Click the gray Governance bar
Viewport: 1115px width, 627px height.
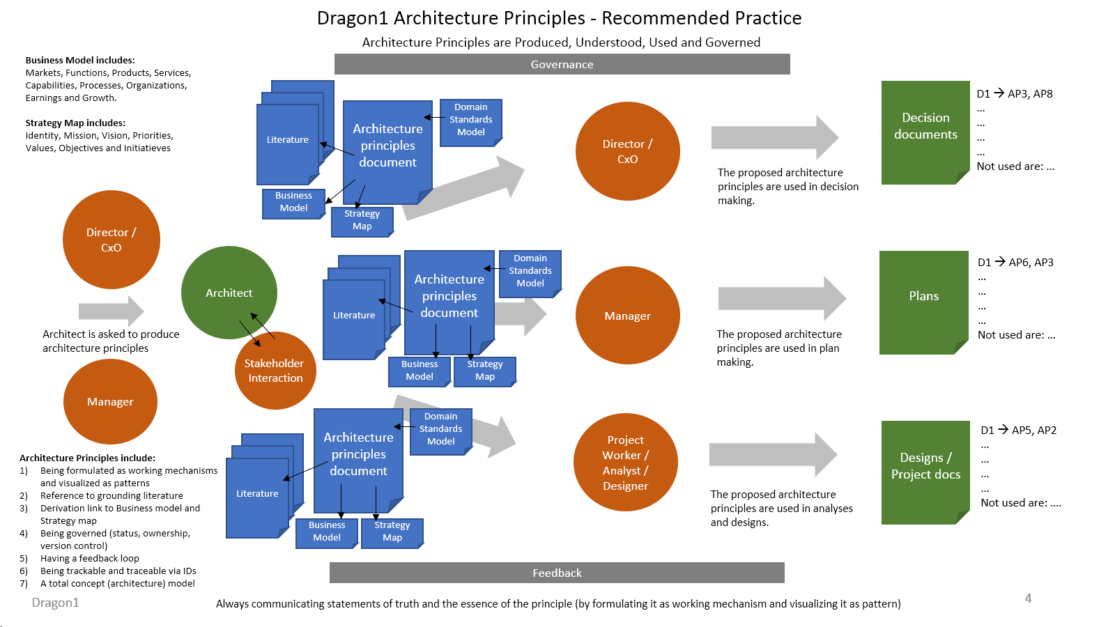(562, 64)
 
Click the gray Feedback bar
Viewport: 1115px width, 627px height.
(557, 573)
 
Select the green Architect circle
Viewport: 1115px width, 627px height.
(229, 293)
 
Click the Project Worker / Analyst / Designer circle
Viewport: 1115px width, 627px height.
(625, 463)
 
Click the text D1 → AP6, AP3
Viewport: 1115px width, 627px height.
(1015, 263)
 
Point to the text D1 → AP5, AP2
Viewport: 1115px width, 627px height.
(1018, 431)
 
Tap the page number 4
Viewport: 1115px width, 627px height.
(1028, 598)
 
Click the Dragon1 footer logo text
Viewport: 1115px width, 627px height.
(56, 603)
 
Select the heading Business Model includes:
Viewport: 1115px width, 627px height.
(80, 61)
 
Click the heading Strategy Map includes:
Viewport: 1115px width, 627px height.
(75, 123)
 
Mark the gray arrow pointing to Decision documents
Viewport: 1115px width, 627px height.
(774, 137)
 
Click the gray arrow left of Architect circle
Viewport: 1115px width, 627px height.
(110, 311)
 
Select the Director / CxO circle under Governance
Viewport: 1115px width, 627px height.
(627, 151)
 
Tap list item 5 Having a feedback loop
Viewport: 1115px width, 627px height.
(89, 559)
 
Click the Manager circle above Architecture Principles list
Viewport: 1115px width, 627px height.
(110, 402)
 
